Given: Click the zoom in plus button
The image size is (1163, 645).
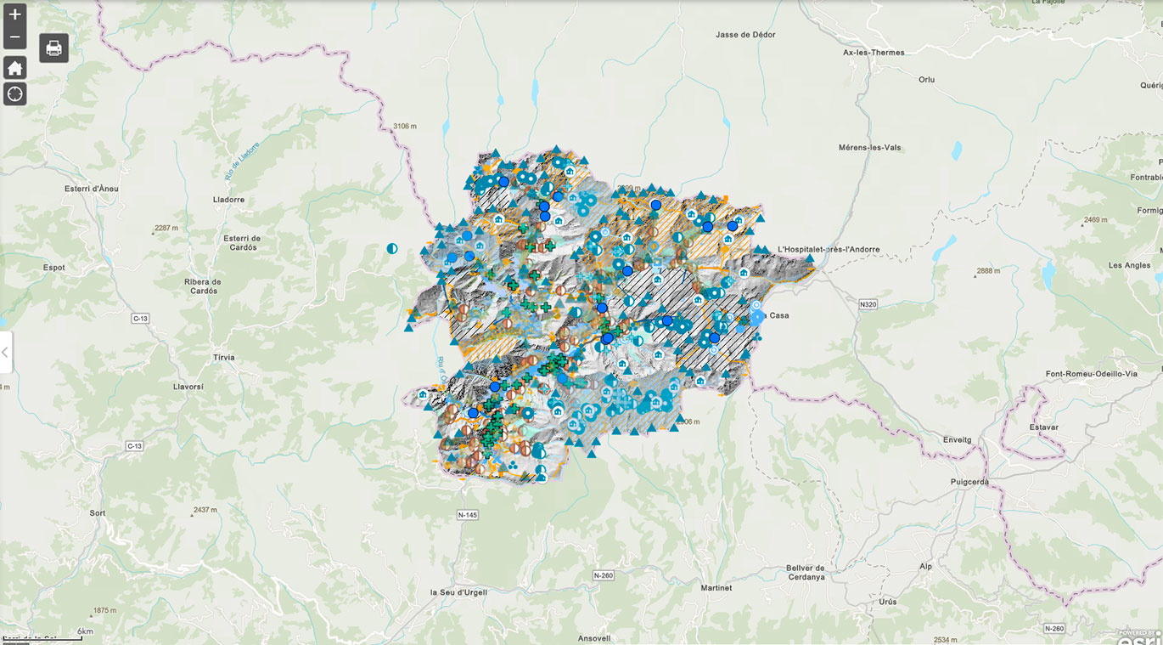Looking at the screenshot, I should click(x=14, y=14).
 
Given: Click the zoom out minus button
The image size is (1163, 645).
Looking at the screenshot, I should click(x=14, y=37).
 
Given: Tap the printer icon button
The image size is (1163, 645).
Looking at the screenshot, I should click(x=53, y=48).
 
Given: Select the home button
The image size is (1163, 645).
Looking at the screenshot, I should click(x=14, y=69).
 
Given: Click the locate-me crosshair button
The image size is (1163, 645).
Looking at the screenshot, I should click(x=14, y=93).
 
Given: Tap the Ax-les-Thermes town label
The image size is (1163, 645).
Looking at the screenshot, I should click(x=874, y=52).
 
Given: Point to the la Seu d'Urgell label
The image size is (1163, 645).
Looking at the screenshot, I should click(x=458, y=592).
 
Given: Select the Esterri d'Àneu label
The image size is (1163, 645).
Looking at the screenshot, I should click(x=92, y=188).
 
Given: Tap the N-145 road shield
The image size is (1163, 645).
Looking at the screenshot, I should click(x=468, y=515).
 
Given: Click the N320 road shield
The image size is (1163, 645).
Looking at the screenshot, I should click(x=867, y=303).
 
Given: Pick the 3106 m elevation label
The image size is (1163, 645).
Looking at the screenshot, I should click(x=405, y=126).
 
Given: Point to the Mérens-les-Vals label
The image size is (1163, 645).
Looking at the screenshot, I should click(x=869, y=147).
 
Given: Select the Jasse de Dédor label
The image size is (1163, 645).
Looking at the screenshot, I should click(x=745, y=35).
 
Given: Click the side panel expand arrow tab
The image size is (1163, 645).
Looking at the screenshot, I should click(x=5, y=352).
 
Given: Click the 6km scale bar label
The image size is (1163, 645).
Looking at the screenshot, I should click(x=85, y=631).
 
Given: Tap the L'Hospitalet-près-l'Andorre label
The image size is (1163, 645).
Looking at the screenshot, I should click(x=828, y=250).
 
